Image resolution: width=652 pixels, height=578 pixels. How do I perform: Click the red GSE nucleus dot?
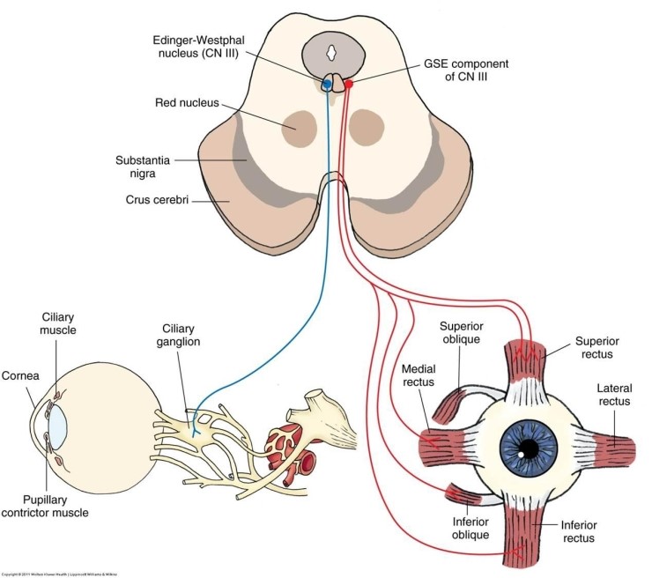348,84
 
